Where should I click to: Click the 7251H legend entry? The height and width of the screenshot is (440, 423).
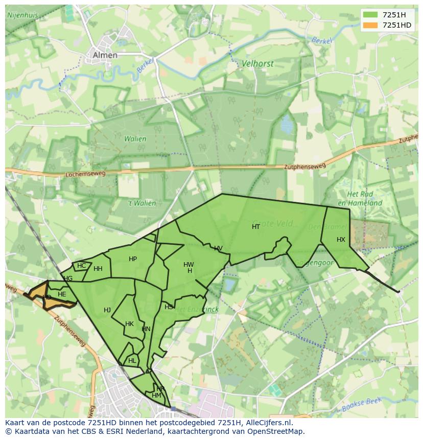tap(387, 15)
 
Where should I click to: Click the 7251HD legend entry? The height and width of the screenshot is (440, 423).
tap(387, 25)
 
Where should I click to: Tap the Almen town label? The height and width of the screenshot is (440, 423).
tap(105, 55)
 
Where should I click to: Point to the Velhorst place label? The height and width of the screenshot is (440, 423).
tap(257, 64)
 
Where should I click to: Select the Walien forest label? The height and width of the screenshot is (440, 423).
tap(135, 138)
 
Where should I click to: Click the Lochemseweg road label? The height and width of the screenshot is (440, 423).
tap(85, 174)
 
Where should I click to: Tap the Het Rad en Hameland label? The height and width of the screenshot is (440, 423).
tap(364, 199)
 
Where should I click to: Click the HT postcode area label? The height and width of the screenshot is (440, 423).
tap(256, 227)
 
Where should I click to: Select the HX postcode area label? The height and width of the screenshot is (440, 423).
tap(341, 240)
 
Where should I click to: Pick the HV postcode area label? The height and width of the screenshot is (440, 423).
tap(218, 248)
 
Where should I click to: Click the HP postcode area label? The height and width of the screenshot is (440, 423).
tap(133, 259)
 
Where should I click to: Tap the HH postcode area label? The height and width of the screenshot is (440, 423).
tap(98, 269)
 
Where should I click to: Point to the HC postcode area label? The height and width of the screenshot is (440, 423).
tap(82, 265)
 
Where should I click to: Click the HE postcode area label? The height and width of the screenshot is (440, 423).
tap(62, 294)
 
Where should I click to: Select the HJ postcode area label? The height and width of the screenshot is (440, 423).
tap(107, 310)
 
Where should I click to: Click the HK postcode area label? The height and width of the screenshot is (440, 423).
tap(129, 324)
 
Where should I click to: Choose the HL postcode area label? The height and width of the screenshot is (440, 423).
tap(132, 360)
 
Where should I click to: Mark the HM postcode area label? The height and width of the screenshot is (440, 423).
tap(156, 396)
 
